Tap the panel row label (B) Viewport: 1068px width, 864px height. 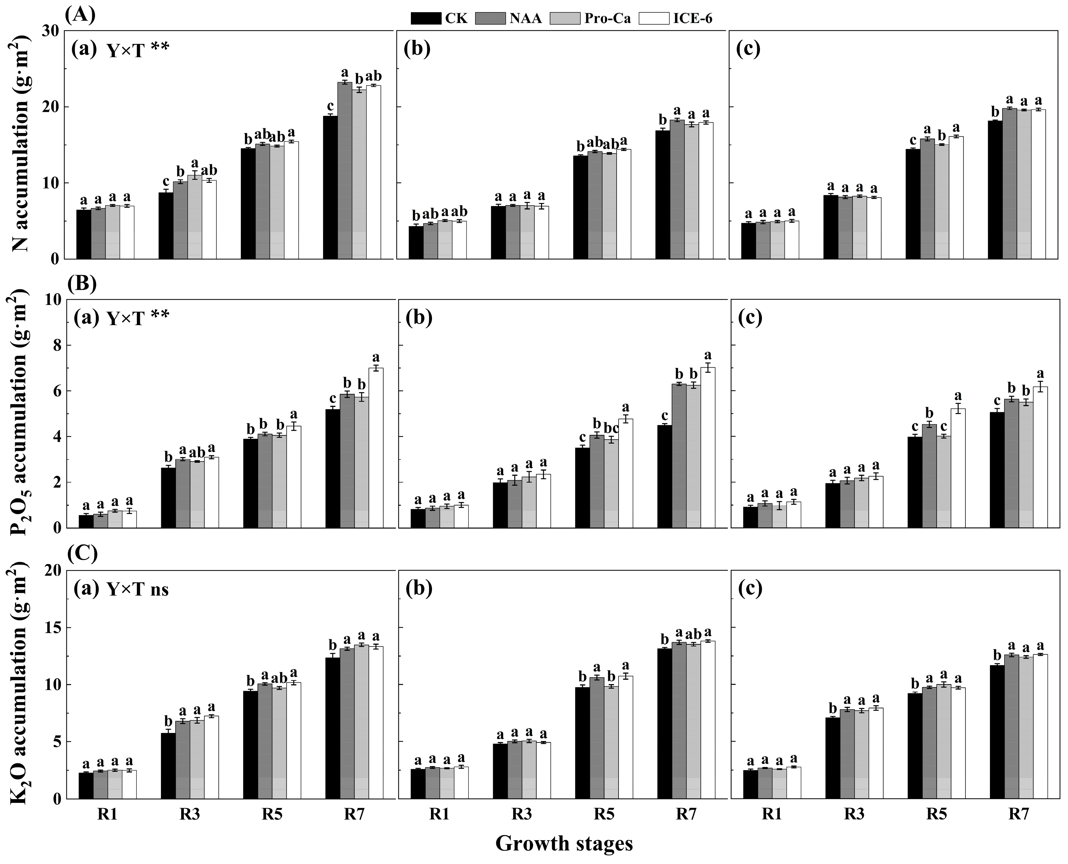click(x=81, y=284)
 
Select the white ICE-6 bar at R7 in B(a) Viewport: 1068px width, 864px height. click(x=376, y=448)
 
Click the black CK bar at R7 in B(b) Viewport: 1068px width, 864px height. click(x=664, y=476)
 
